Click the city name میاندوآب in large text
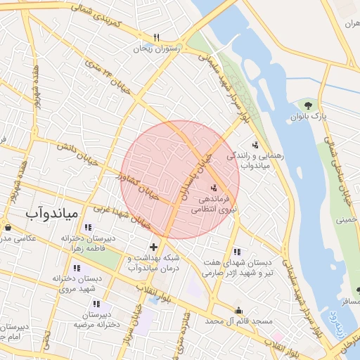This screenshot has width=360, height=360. [x=53, y=212]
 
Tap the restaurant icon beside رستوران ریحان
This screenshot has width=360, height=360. [x=156, y=38]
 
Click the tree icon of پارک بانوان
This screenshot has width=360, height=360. [x=308, y=105]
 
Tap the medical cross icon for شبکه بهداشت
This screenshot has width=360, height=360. [x=154, y=247]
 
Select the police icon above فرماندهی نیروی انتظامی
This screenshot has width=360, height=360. [x=214, y=187]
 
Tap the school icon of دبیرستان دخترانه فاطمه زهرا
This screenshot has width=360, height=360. [x=87, y=227]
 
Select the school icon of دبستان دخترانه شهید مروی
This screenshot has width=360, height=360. [x=77, y=268]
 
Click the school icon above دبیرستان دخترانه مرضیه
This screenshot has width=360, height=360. [x=96, y=304]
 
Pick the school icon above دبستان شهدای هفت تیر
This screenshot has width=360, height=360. [x=236, y=252]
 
